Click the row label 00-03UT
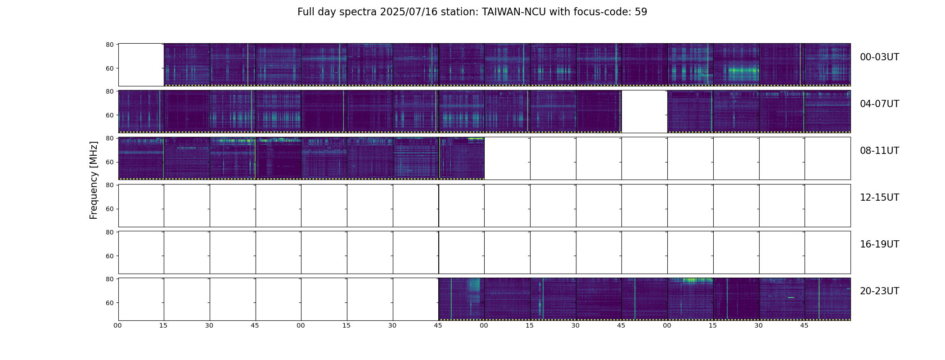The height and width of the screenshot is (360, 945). click(879, 57)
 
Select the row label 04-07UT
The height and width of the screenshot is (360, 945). click(879, 104)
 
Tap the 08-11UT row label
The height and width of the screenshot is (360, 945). click(879, 151)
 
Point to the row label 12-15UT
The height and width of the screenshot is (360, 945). click(879, 198)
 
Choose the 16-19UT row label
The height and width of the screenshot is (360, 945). click(879, 244)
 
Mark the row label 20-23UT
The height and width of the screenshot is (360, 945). click(879, 291)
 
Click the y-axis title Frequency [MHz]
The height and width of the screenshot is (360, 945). click(94, 180)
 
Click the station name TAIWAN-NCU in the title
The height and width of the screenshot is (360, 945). click(514, 12)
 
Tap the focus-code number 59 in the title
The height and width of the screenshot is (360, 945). click(641, 12)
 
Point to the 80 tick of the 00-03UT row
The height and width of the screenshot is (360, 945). click(109, 45)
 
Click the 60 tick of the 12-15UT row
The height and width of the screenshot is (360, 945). click(109, 209)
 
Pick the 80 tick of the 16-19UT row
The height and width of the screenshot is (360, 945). click(109, 232)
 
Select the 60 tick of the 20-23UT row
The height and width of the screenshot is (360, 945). click(109, 303)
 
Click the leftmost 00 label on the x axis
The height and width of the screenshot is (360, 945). click(118, 325)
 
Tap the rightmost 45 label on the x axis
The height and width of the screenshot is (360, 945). click(804, 325)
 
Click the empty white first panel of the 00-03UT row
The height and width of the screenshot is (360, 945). click(141, 65)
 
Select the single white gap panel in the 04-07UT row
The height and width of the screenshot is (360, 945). click(644, 112)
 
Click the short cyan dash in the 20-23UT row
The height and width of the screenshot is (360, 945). click(791, 297)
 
